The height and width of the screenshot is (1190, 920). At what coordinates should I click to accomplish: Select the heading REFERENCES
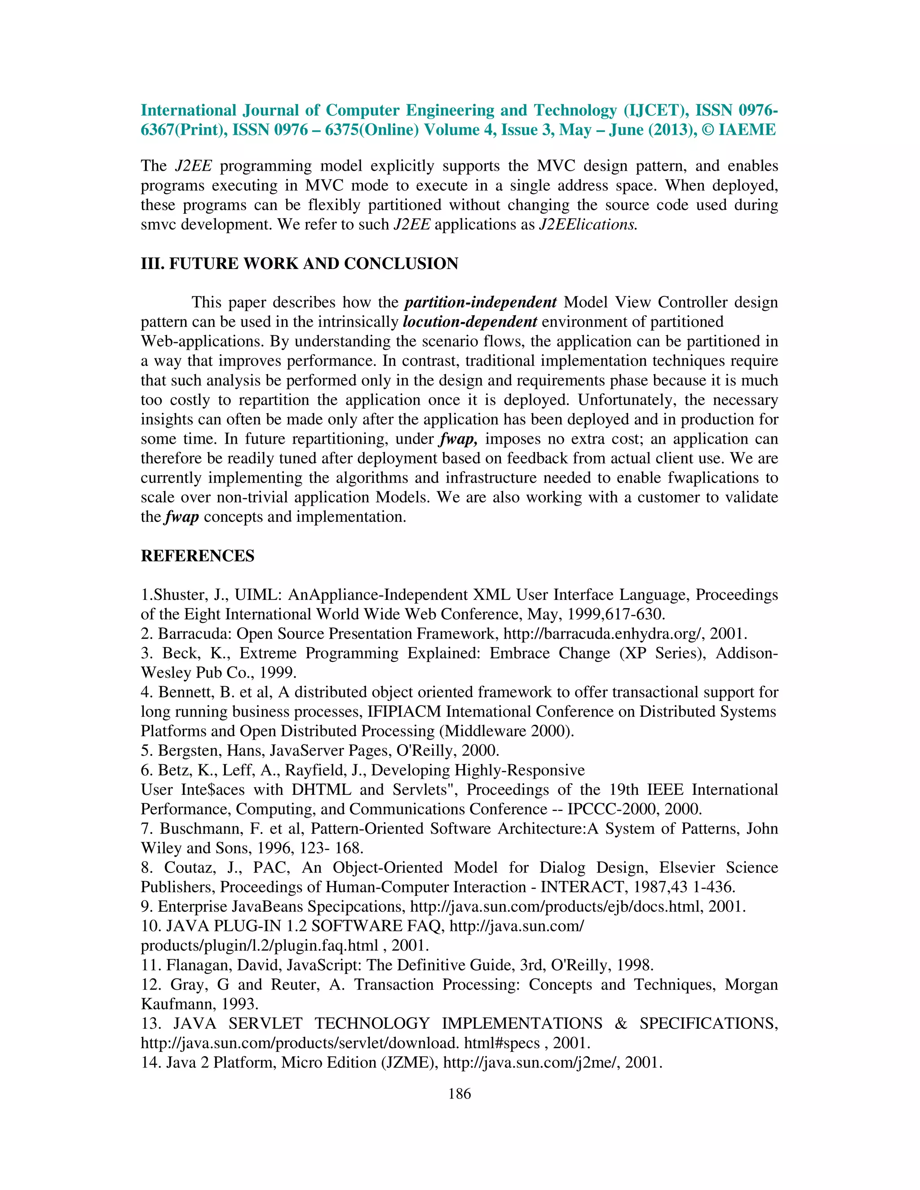click(x=197, y=556)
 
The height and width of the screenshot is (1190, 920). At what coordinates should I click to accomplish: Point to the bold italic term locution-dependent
click(x=470, y=322)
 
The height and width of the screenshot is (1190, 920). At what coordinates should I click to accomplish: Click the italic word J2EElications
click(x=588, y=225)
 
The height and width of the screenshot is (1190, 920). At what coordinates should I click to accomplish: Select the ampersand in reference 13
click(x=621, y=1024)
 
